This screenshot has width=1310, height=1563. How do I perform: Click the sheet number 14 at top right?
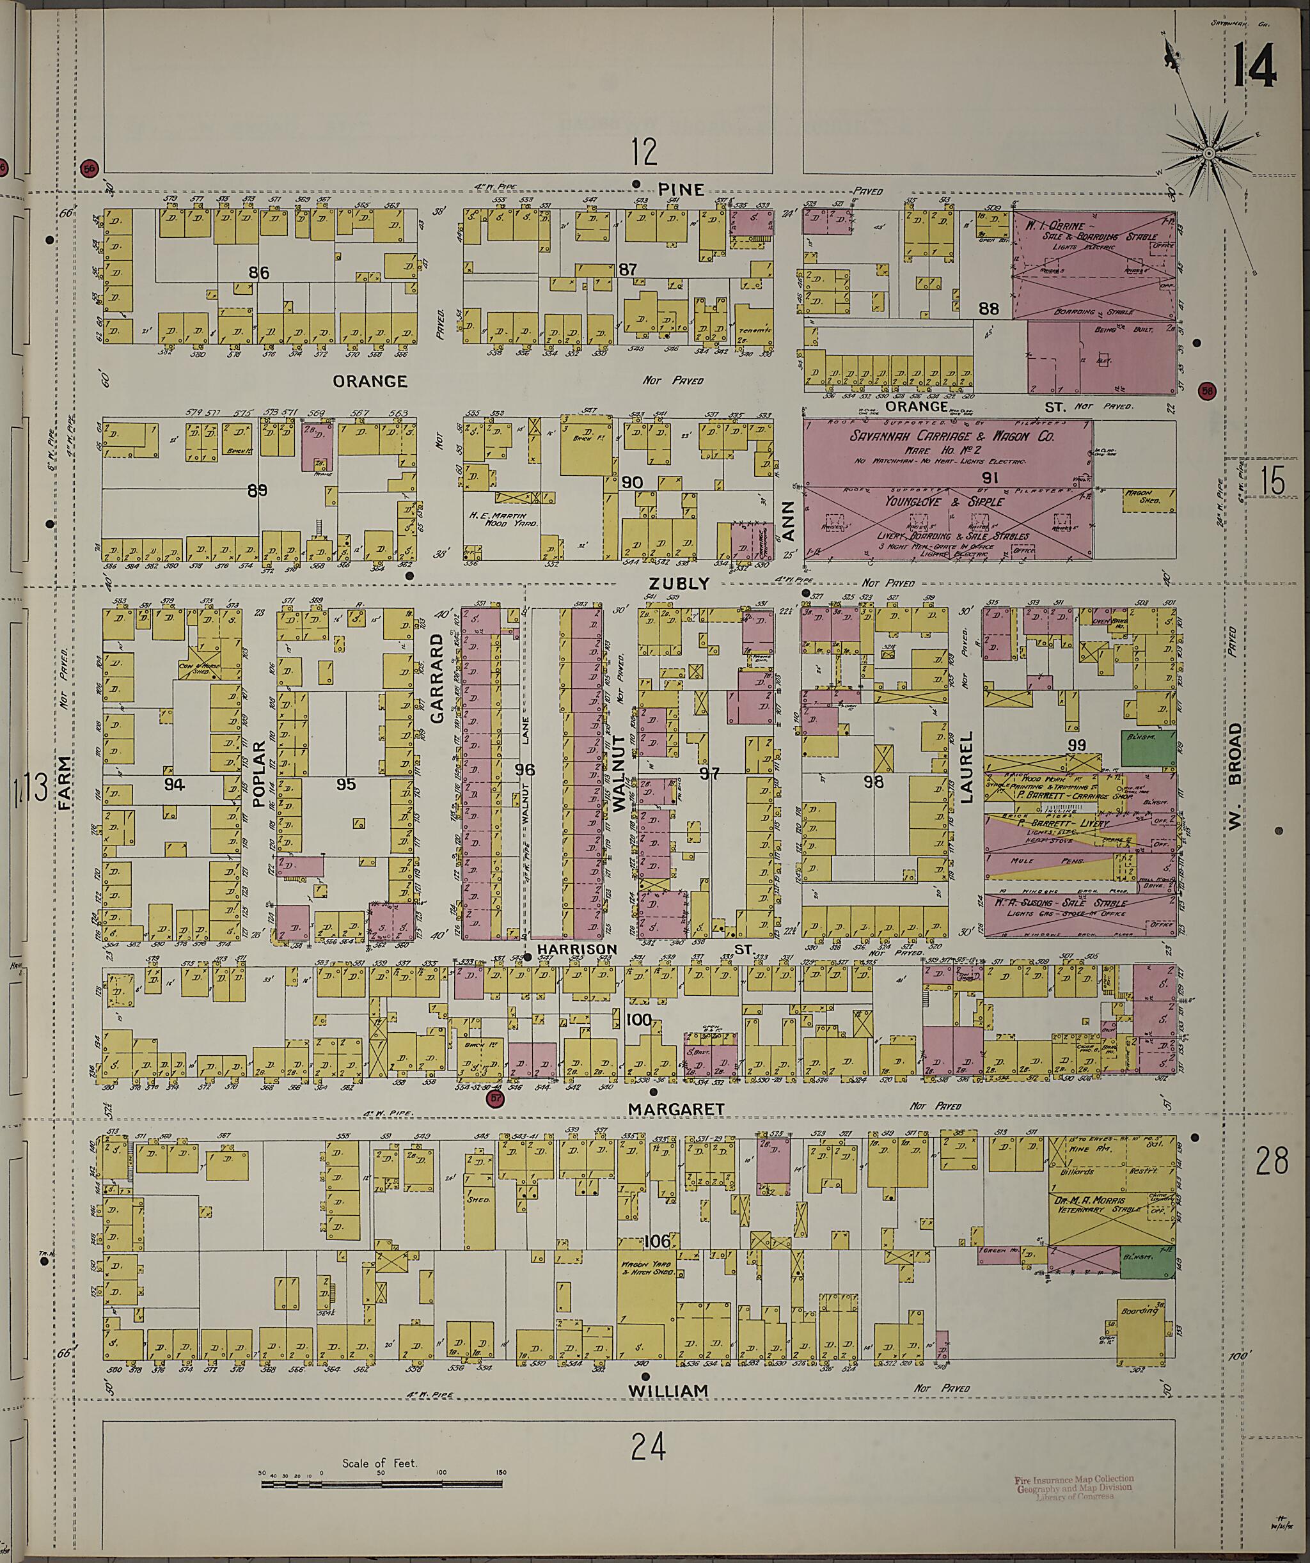1254,65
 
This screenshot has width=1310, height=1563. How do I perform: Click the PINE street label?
681,189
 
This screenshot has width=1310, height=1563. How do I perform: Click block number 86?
258,273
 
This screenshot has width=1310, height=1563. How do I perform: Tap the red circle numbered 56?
90,168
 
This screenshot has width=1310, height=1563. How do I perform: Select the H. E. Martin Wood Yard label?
509,519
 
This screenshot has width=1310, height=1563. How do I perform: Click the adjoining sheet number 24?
647,1449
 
